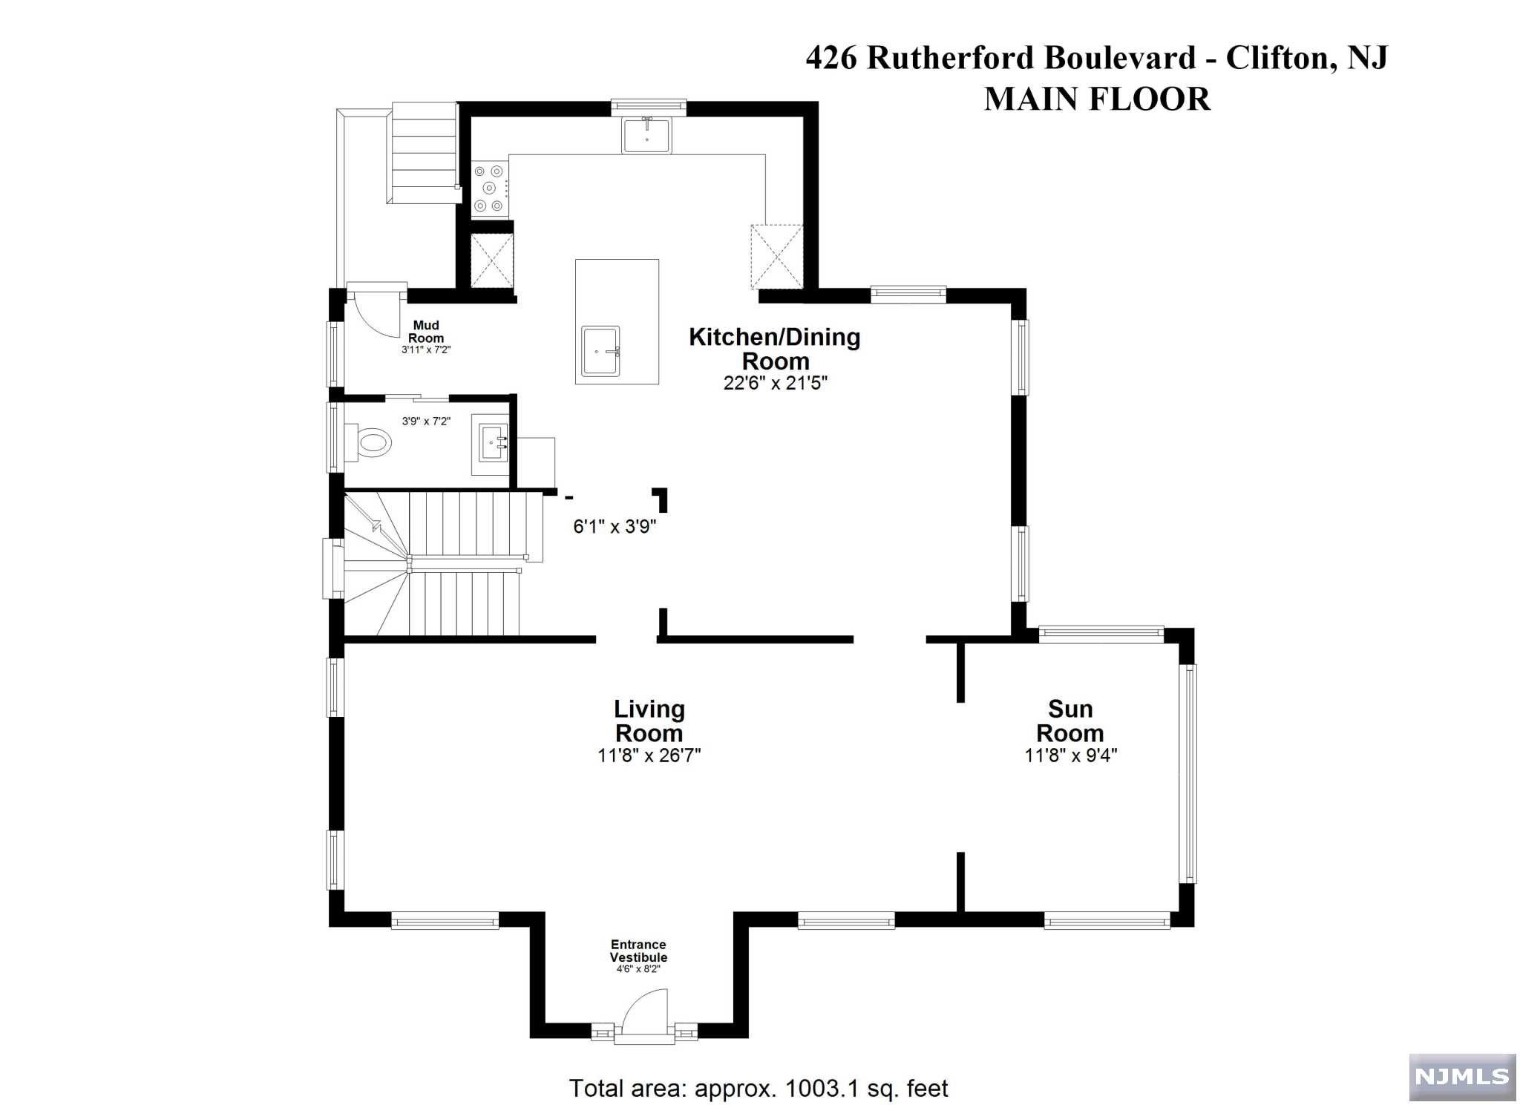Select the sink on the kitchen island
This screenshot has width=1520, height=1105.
click(600, 351)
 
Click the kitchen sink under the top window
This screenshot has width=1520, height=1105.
click(646, 134)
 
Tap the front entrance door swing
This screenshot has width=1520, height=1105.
click(645, 1017)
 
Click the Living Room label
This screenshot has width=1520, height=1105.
click(649, 721)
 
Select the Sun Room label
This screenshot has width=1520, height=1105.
click(1069, 721)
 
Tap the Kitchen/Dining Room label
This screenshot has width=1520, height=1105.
click(775, 349)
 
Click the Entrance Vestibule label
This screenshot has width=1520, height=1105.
click(638, 951)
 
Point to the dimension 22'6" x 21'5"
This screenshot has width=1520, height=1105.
click(776, 383)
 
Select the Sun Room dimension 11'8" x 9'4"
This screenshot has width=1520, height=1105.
click(1071, 755)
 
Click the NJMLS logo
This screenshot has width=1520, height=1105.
click(1462, 1078)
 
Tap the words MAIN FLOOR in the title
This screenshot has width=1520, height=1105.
click(1097, 99)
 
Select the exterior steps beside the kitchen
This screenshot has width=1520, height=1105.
click(421, 153)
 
